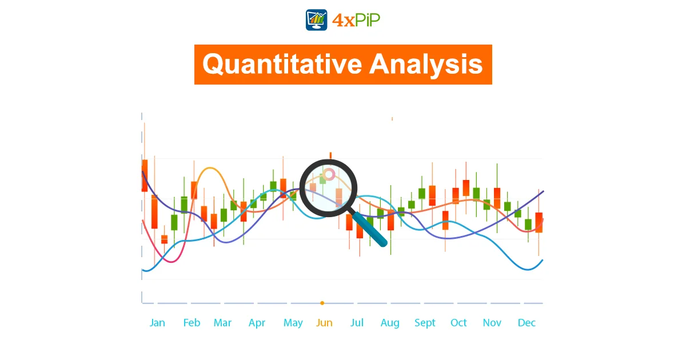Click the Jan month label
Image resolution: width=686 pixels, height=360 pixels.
coord(157,323)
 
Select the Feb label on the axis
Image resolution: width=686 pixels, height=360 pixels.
coord(192,323)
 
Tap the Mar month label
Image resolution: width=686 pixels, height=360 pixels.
coord(222,323)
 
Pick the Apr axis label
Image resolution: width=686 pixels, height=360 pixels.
coord(257,323)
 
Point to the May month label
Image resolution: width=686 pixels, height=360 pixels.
coord(293,323)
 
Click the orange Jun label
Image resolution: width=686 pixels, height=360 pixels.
coord(324,323)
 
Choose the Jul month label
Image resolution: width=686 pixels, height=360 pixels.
coord(357,323)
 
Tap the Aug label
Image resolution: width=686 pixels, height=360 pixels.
coord(390,323)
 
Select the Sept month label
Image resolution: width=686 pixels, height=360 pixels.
coord(425,323)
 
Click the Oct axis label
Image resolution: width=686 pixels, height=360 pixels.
coord(458,323)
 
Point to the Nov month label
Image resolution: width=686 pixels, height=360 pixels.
coord(492,323)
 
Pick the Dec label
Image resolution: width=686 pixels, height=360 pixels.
coord(527,323)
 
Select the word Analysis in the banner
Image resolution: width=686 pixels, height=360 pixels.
coord(426,65)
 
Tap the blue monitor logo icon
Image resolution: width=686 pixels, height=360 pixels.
coord(316,20)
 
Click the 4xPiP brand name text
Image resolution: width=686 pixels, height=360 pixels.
coord(356,20)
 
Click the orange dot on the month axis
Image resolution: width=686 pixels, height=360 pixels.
coord(322,303)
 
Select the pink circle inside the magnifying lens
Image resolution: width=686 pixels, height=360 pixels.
coord(329,174)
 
